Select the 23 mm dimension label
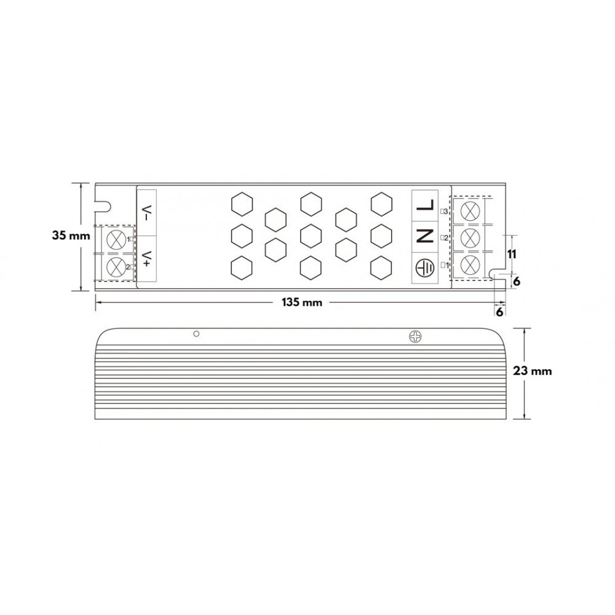(533, 371)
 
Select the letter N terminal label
(425, 237)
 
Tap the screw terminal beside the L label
(470, 210)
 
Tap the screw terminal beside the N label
(470, 237)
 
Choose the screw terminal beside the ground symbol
(470, 266)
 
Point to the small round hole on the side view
(196, 333)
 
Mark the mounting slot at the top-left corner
(103, 201)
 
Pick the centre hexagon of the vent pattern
(311, 234)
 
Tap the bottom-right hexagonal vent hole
(381, 267)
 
